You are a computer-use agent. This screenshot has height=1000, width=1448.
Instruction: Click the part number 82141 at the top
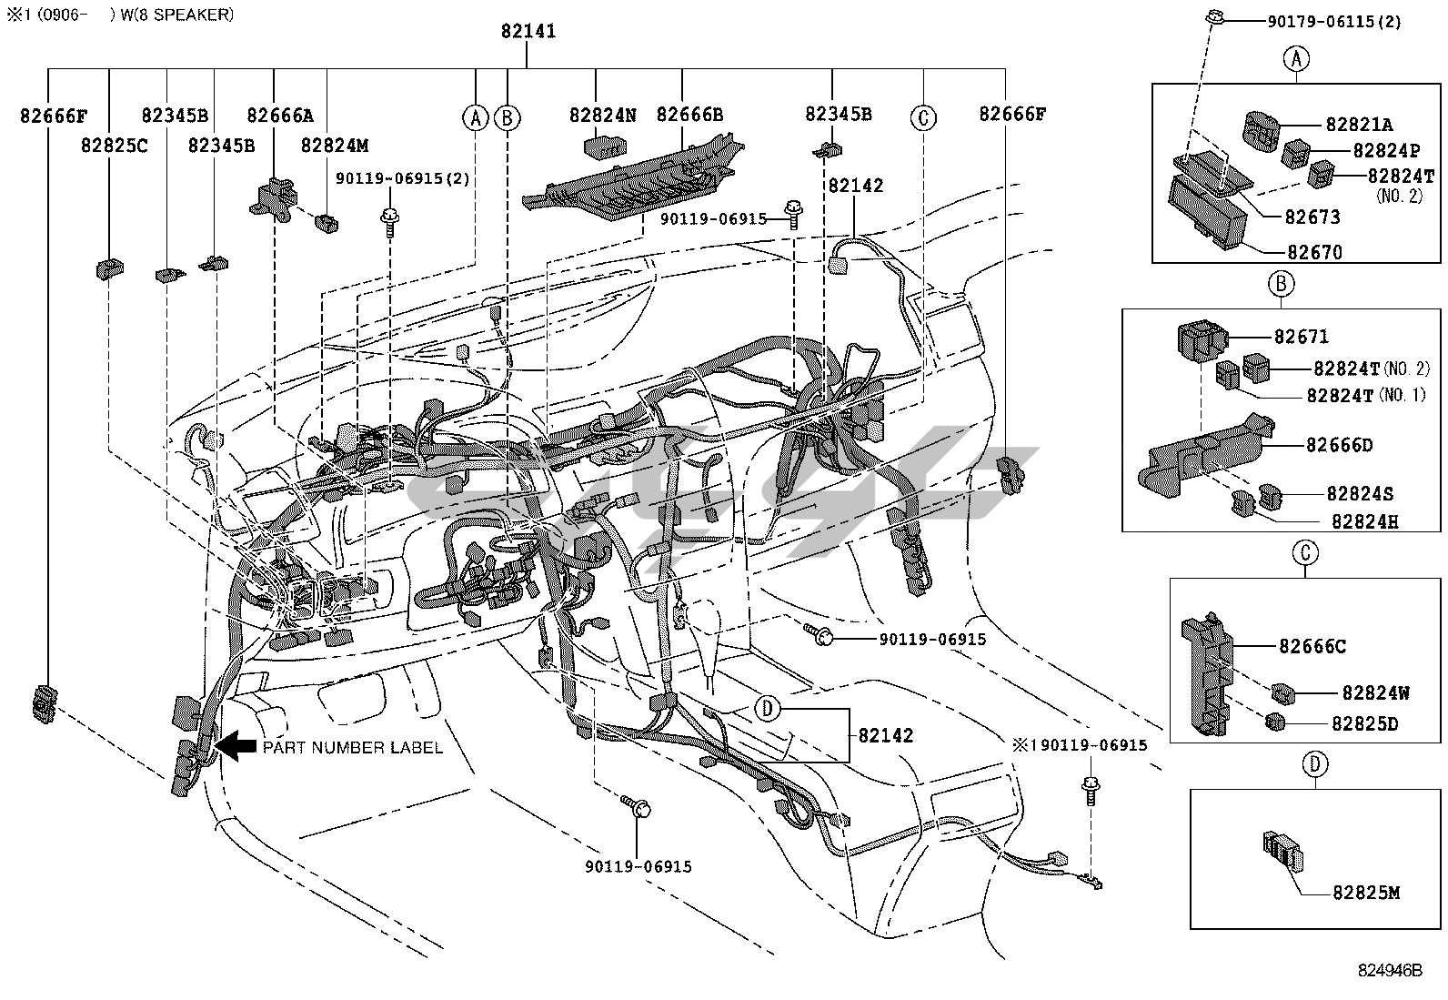pos(528,31)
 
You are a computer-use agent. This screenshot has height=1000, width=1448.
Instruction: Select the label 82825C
pos(114,145)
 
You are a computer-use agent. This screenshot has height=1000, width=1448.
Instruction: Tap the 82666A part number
pos(280,115)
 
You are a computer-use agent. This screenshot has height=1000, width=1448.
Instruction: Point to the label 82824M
pos(335,145)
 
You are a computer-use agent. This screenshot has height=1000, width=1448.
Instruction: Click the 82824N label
pos(603,115)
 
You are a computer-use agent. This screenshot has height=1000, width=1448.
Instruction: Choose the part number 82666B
pos(689,115)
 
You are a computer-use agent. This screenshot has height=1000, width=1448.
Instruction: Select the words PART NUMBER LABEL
pos(353,748)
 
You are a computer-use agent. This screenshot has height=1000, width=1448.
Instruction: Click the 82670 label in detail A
pos(1314,252)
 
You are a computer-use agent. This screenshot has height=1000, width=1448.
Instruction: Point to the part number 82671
pos(1301,337)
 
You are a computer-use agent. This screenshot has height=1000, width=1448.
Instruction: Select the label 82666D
pos(1340,445)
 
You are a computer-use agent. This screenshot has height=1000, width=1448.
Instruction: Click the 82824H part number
pos(1364,521)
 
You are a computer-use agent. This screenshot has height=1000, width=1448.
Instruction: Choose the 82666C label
pos(1312,646)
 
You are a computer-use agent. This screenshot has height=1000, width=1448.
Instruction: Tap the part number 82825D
pos(1364,724)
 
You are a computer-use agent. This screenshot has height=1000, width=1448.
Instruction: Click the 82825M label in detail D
pos(1366,893)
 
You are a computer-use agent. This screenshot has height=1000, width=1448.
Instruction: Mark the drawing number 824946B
pos(1389,970)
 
